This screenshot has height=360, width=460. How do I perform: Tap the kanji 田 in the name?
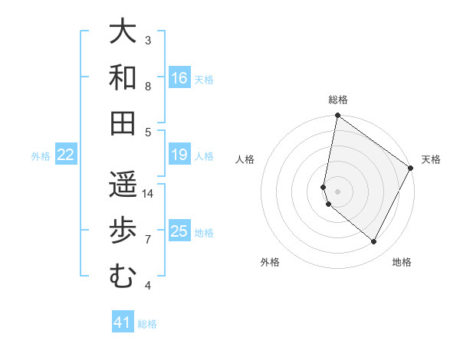[x=122, y=123]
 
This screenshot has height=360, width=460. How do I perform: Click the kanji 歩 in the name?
[x=122, y=231]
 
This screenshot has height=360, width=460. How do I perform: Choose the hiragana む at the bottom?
[x=122, y=277]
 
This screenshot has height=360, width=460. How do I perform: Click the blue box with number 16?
[x=179, y=78]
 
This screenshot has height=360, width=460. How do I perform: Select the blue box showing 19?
[x=179, y=155]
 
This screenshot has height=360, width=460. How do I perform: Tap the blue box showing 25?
[x=179, y=231]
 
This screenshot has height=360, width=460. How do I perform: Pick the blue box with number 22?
[x=65, y=155]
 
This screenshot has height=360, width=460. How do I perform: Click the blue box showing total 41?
[x=123, y=323]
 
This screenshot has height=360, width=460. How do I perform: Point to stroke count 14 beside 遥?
[x=148, y=194]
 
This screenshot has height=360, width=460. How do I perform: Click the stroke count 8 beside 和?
[x=148, y=87]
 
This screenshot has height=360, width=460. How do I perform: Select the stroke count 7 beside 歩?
[x=148, y=240]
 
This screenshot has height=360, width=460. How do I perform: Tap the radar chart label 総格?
[x=338, y=100]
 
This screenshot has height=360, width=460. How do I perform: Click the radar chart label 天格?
[x=431, y=159]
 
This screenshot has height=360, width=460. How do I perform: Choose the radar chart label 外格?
[x=270, y=262]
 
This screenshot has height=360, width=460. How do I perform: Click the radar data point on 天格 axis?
[x=411, y=169]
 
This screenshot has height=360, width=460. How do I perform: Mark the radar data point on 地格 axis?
[x=373, y=241]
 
